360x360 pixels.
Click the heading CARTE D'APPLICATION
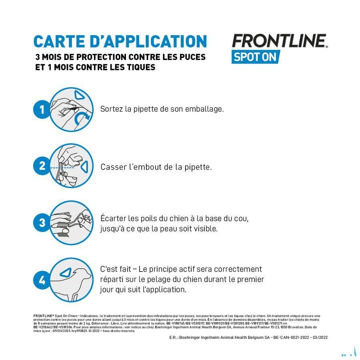tap(120, 42)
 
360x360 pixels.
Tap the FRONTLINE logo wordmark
tap(279, 41)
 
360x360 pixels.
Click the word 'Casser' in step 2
tap(112, 167)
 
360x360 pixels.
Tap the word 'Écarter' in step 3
tap(113, 219)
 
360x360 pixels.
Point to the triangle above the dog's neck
tap(64, 273)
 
